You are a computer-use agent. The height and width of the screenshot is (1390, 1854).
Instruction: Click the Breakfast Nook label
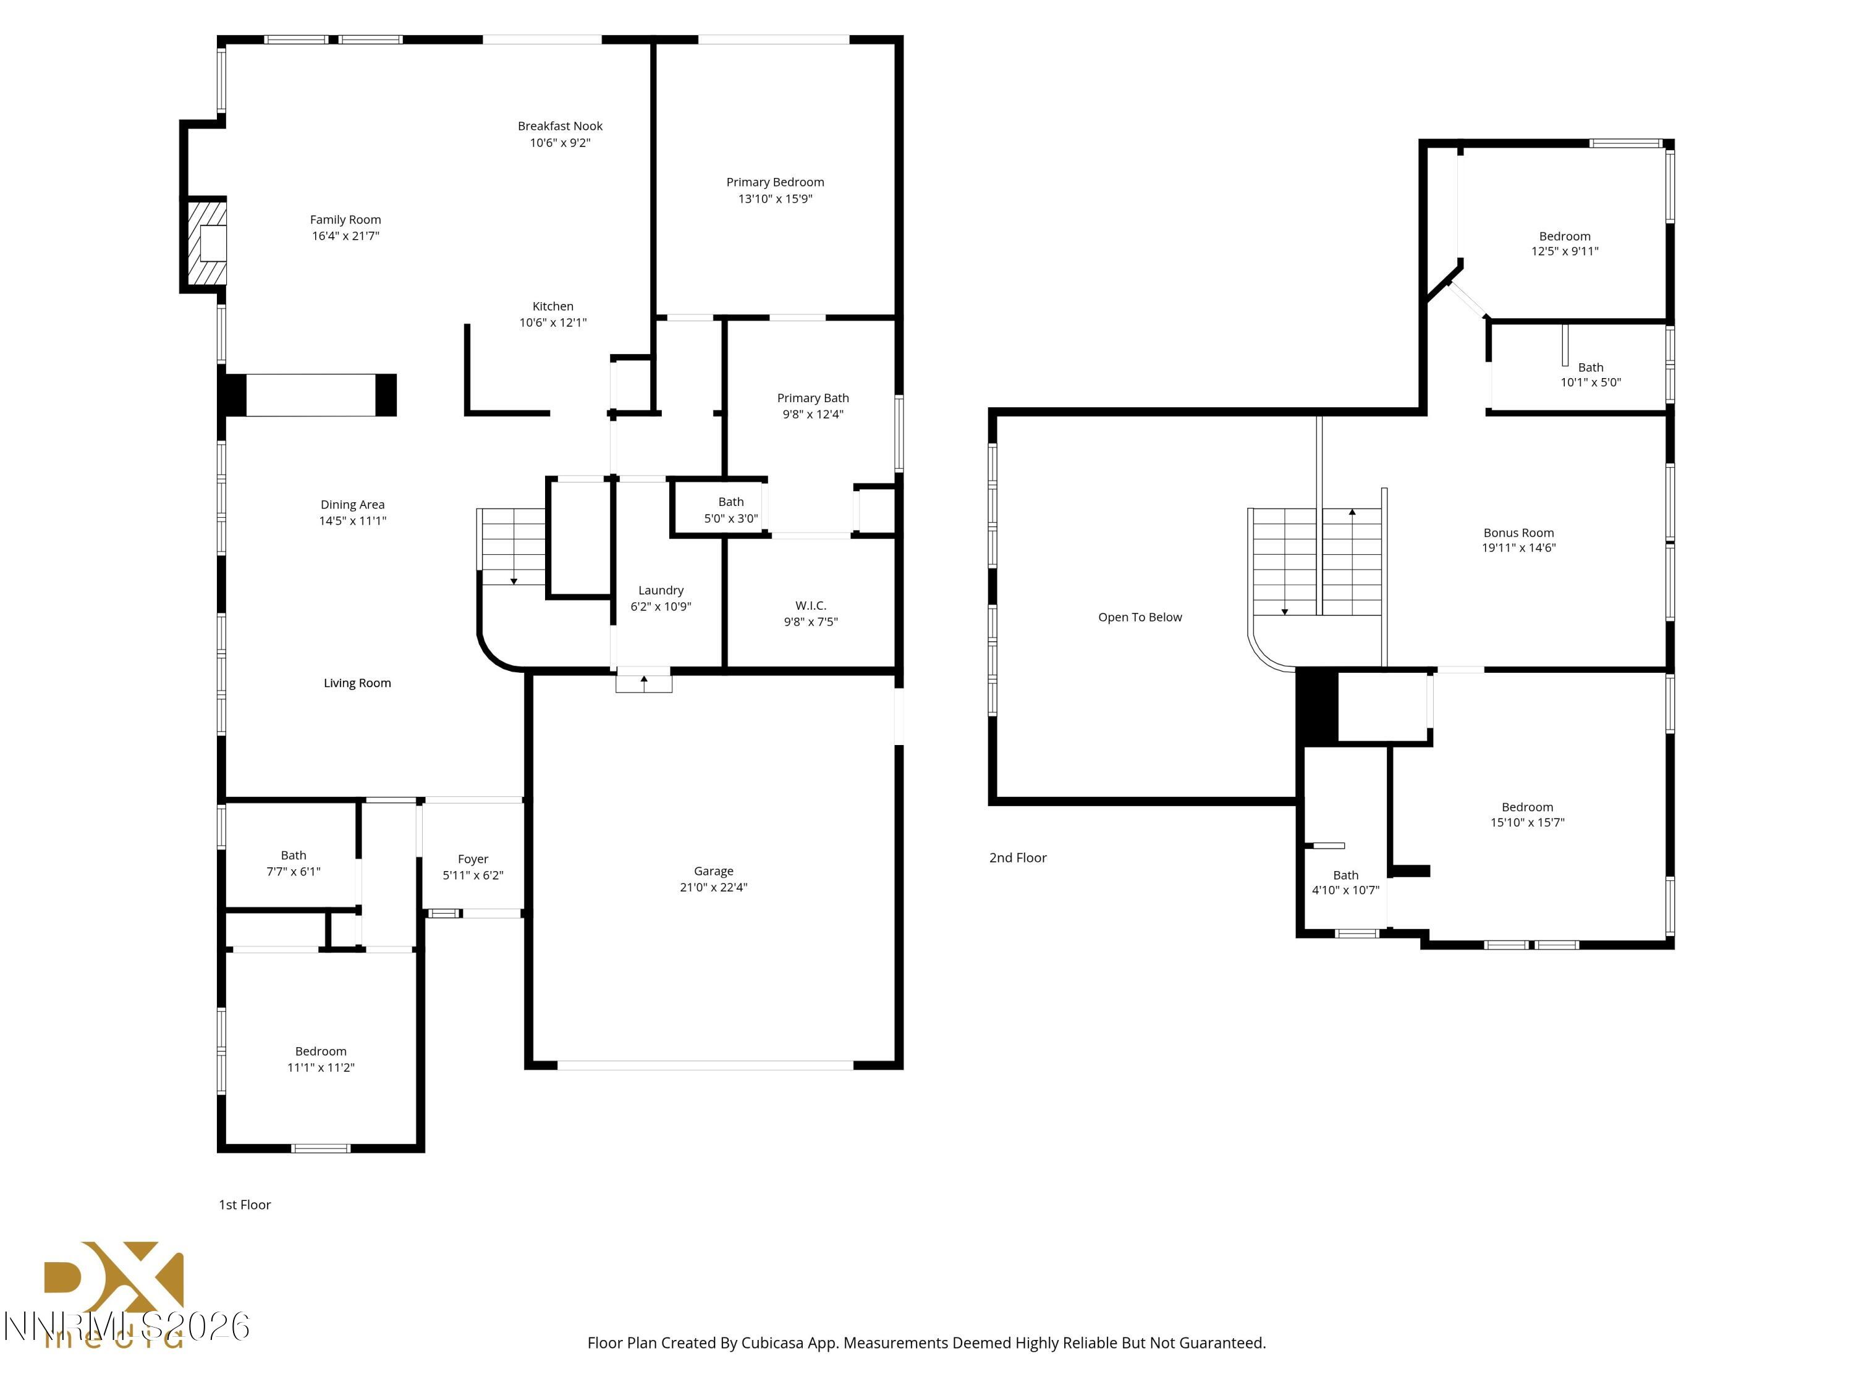pos(560,125)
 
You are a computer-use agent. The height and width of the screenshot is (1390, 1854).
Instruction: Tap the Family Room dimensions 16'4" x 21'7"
pos(345,236)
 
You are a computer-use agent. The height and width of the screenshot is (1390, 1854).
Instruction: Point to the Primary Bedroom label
pos(774,182)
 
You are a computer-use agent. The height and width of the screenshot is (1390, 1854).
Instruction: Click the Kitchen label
pos(552,306)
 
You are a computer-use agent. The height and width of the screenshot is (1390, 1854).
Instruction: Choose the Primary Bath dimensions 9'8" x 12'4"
pos(812,414)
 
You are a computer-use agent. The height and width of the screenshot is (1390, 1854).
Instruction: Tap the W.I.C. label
pos(810,605)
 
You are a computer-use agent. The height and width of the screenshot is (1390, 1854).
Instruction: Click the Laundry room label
pos(661,590)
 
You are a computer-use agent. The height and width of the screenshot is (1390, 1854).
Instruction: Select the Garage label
pos(713,870)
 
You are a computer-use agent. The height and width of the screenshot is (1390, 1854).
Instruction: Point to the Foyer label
pos(473,859)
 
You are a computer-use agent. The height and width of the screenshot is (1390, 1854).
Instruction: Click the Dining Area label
pos(352,504)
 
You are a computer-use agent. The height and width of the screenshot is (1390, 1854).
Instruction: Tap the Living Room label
pos(357,683)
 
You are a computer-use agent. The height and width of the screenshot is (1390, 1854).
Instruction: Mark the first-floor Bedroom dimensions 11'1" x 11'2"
pos(321,1068)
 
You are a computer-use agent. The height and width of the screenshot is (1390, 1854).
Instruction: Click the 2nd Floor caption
pos(1017,857)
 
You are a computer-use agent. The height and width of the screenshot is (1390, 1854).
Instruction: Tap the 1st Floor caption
pos(245,1204)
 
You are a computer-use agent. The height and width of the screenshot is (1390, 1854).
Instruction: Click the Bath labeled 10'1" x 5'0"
pos(1590,367)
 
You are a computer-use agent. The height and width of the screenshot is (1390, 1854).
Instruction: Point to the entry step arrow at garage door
pos(644,682)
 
